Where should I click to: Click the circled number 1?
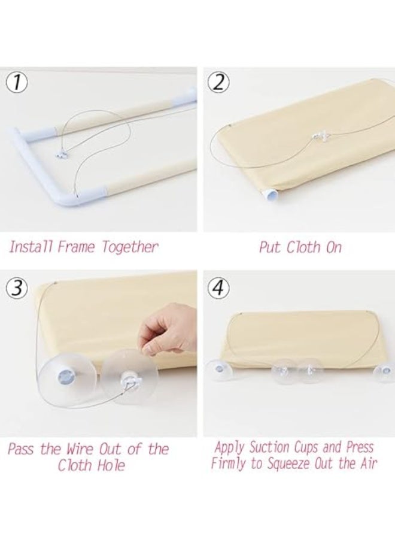17,84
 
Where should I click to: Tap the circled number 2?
218,83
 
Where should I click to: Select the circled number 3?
17,287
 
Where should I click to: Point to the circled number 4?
218,287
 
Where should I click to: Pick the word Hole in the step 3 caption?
111,465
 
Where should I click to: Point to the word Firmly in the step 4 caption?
229,464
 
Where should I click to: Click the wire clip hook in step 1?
62,156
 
